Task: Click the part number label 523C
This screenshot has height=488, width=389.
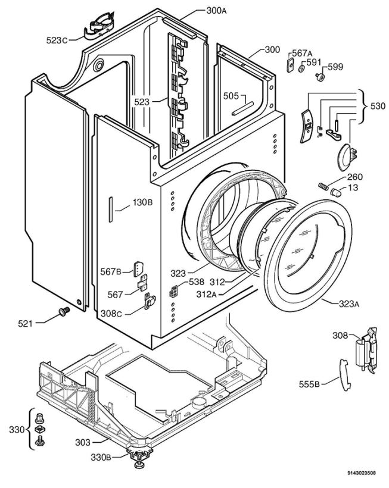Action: click(57, 40)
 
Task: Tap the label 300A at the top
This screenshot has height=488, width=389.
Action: click(216, 11)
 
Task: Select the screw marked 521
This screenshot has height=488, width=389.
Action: click(64, 311)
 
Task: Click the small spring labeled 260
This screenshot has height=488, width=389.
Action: click(323, 186)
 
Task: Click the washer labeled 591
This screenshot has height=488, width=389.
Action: click(301, 68)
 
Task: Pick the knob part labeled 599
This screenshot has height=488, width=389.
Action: click(319, 77)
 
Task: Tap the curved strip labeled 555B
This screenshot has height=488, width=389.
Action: click(344, 375)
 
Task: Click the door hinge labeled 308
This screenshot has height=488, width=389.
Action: click(367, 351)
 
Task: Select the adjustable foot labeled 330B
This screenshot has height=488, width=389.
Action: click(139, 458)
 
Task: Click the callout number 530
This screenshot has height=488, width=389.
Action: click(378, 106)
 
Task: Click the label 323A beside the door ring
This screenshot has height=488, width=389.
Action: click(349, 304)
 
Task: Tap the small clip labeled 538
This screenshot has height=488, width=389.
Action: click(173, 291)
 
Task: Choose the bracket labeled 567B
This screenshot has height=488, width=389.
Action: click(138, 268)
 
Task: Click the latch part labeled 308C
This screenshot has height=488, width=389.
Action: click(150, 301)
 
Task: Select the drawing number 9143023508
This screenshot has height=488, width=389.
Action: click(361, 473)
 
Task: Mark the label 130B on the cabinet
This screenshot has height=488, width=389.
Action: click(142, 202)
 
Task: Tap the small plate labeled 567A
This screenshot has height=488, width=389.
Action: click(290, 64)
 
